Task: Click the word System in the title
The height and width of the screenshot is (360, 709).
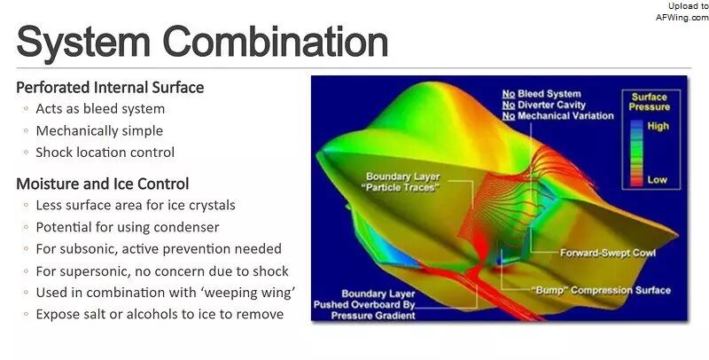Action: [83, 41]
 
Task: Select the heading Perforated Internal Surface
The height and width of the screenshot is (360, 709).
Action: [110, 87]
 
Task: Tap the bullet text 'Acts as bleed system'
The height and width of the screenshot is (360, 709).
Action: [100, 109]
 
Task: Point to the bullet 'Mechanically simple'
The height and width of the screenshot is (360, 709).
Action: [99, 131]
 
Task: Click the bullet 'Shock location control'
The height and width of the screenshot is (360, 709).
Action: [105, 153]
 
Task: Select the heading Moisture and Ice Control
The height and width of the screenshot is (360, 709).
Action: [102, 184]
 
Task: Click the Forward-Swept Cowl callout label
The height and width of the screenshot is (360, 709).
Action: [608, 253]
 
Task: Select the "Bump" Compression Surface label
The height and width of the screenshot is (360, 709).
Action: [602, 290]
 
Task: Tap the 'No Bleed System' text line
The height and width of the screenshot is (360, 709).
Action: [541, 94]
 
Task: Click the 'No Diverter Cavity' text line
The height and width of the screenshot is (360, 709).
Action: [544, 105]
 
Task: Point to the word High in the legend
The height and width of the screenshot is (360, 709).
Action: [658, 126]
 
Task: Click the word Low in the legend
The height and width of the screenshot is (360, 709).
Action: [657, 179]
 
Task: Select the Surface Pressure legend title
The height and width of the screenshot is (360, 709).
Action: [650, 102]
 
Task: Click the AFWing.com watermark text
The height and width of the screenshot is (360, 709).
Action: [682, 17]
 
